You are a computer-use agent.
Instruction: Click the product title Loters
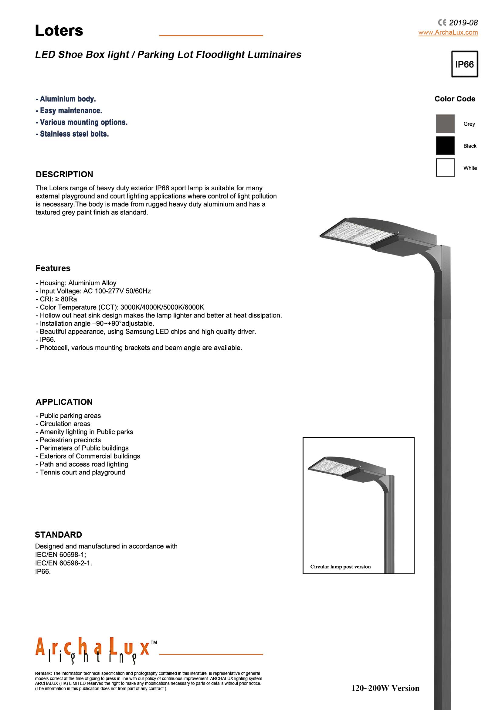[59, 31]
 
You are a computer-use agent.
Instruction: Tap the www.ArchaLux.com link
[448, 32]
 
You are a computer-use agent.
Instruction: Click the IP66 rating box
[464, 64]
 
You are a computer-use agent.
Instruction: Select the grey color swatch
[445, 124]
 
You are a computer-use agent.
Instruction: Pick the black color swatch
[445, 146]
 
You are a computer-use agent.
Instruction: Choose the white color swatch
[445, 168]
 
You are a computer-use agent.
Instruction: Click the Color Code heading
[455, 99]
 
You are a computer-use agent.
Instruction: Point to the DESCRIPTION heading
[64, 175]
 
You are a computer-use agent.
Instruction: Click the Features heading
[53, 268]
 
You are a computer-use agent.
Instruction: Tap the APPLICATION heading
[64, 402]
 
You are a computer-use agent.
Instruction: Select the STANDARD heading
[58, 535]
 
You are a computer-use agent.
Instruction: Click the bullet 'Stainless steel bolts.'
[72, 134]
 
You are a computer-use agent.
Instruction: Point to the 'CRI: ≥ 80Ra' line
[56, 299]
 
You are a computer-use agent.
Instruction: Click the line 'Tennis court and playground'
[80, 472]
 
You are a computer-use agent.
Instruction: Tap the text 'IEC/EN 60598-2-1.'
[64, 563]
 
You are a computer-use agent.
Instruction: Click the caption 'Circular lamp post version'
[340, 567]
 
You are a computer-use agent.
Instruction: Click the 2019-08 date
[463, 22]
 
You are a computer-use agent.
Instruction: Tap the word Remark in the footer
[43, 673]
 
